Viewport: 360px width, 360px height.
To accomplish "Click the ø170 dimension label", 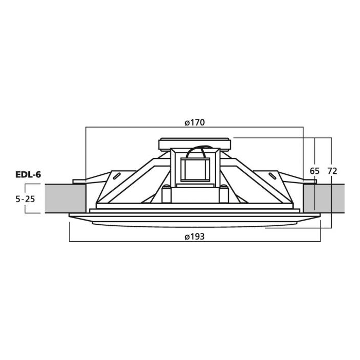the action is click(x=195, y=122).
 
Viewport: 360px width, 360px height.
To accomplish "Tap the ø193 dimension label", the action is click(x=195, y=237).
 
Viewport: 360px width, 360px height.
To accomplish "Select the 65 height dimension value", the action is click(x=315, y=171).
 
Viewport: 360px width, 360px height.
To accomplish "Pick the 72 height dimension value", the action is click(x=332, y=171).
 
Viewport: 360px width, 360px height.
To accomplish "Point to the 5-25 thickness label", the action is click(x=25, y=199).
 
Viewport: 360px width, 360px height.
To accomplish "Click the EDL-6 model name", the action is click(x=28, y=175).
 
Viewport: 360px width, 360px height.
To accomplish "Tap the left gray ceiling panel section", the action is click(x=65, y=199).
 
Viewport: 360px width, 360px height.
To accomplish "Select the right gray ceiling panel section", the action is click(x=323, y=199).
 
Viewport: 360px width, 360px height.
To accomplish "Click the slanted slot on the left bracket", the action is click(x=116, y=176).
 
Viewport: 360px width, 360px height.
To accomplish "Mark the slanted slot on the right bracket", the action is click(x=273, y=176).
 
